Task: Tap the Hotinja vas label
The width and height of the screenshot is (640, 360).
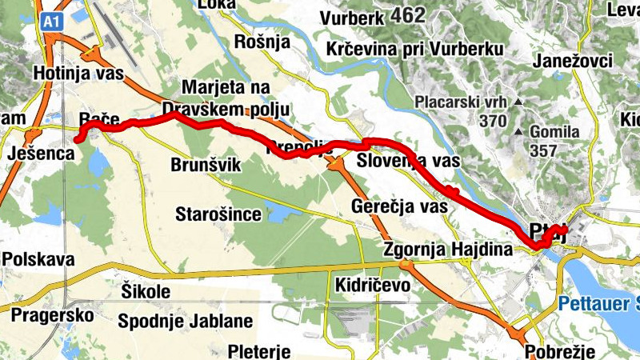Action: (x=78, y=74)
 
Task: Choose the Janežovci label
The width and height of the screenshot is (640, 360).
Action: (x=572, y=62)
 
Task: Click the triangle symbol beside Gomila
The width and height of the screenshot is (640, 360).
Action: (x=518, y=130)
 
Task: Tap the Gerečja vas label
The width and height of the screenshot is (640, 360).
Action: (x=398, y=206)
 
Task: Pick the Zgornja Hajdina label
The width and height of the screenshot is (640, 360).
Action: (x=446, y=250)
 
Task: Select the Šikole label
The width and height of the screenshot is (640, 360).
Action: (x=147, y=290)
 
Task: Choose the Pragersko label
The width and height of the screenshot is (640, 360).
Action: (x=52, y=314)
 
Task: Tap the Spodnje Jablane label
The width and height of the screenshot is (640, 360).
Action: (x=185, y=322)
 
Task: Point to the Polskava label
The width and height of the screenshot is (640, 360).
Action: (x=38, y=259)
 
